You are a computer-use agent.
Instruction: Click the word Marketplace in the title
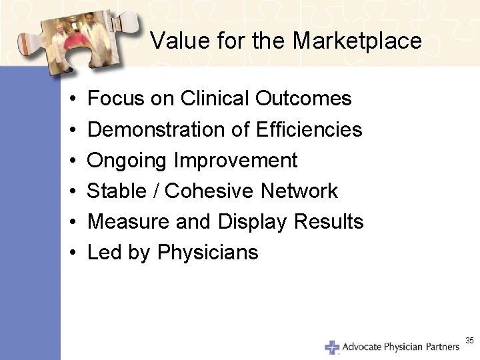point(357,41)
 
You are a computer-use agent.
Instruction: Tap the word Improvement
point(236,161)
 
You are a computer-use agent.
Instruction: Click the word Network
point(300,191)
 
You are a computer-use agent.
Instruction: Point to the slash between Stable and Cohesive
point(155,191)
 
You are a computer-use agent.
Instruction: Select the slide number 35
point(469,341)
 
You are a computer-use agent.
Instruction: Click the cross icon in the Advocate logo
point(332,347)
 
